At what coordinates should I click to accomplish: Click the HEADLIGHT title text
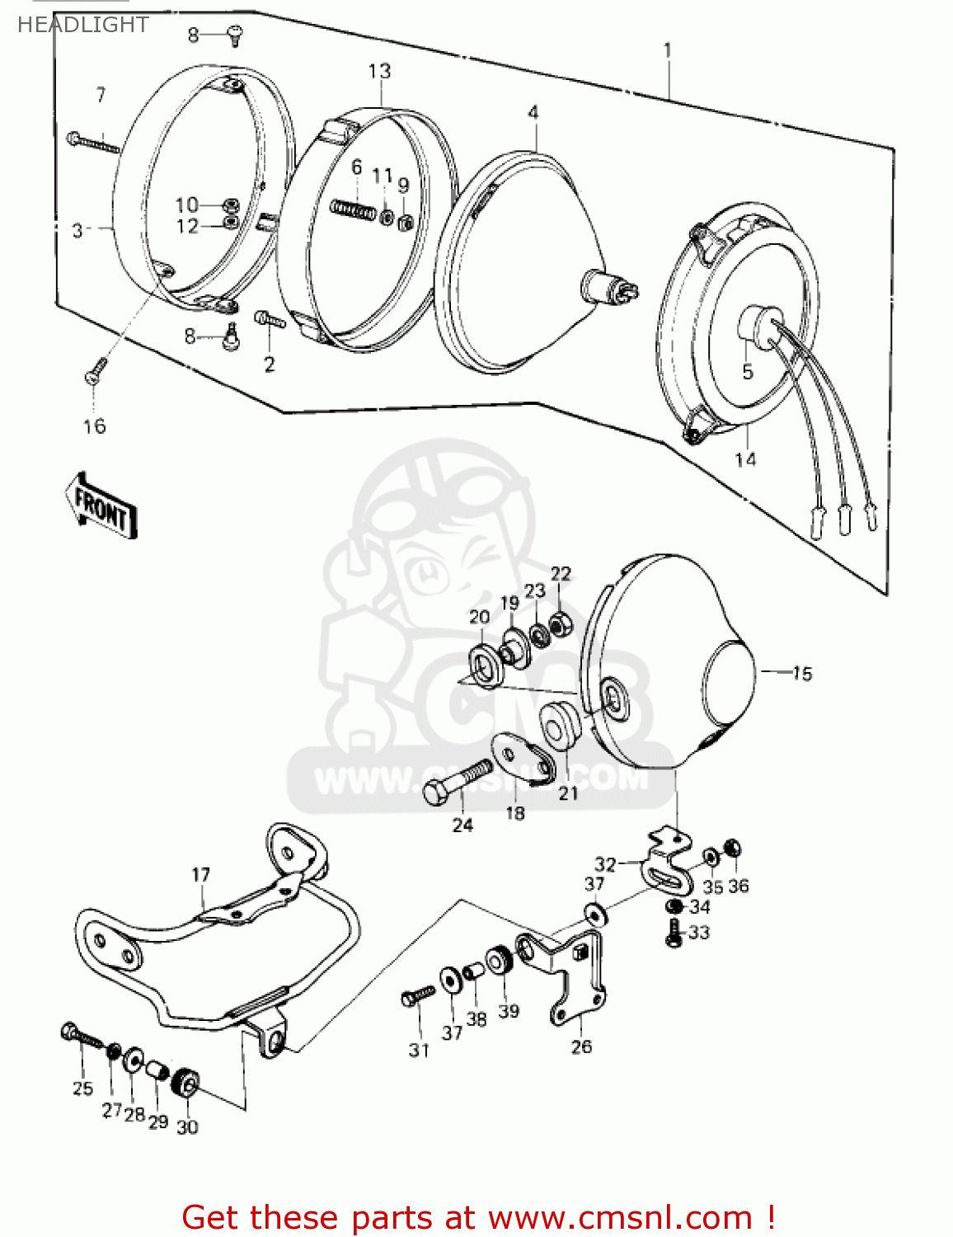(x=82, y=25)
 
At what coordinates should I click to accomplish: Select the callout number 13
(x=379, y=72)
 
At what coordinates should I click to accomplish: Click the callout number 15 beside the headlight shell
(x=801, y=674)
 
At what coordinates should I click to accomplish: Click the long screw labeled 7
(x=95, y=143)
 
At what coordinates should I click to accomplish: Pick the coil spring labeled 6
(x=352, y=208)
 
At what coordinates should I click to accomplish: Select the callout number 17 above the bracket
(x=201, y=875)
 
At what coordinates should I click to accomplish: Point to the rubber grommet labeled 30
(x=186, y=1083)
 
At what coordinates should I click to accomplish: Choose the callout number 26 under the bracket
(x=581, y=1047)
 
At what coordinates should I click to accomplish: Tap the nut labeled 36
(x=732, y=848)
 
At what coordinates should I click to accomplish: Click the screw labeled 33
(x=674, y=933)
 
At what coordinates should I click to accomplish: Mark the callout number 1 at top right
(x=668, y=50)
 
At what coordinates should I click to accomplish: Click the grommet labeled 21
(x=561, y=724)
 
